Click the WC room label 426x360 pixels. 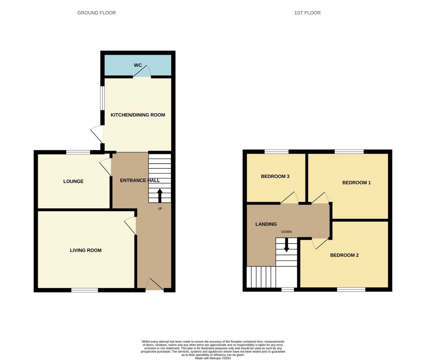coord(138,65)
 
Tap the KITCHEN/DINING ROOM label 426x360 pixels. coord(138,115)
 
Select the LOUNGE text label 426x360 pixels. coord(73,181)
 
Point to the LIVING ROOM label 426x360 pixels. coord(86,250)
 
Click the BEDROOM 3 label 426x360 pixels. coord(275,176)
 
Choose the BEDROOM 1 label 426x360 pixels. coord(356,183)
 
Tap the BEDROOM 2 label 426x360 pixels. coord(344,255)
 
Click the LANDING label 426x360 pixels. coord(266,224)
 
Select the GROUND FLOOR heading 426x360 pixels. coord(97,13)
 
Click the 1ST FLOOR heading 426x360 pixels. coord(307,13)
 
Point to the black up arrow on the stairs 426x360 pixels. coord(160,196)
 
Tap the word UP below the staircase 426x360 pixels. coord(160,209)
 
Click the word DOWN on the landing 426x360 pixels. coord(287,232)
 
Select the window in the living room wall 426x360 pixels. coord(85,290)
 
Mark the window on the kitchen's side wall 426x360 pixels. coord(103,97)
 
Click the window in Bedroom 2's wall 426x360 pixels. coord(351,289)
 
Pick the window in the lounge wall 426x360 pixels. coord(78,152)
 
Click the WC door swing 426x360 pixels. coord(142,71)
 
